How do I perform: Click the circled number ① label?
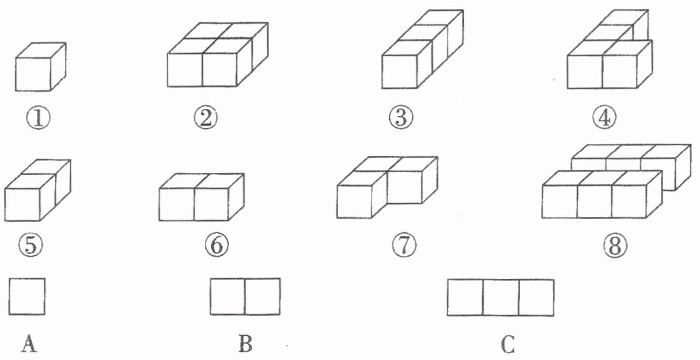(x=37, y=118)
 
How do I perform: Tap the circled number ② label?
(x=207, y=118)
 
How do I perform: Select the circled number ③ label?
(x=403, y=117)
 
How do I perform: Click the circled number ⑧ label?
(x=614, y=245)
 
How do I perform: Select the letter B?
(x=245, y=345)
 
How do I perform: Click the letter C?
(x=508, y=345)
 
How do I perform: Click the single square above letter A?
(x=27, y=296)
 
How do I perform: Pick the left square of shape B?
(x=227, y=297)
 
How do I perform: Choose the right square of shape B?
(x=262, y=297)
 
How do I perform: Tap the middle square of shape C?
(x=501, y=297)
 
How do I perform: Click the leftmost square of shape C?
(x=465, y=297)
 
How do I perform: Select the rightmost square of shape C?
(x=537, y=297)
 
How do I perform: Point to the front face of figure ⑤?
(x=23, y=205)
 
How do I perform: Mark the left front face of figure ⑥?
(x=177, y=205)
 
